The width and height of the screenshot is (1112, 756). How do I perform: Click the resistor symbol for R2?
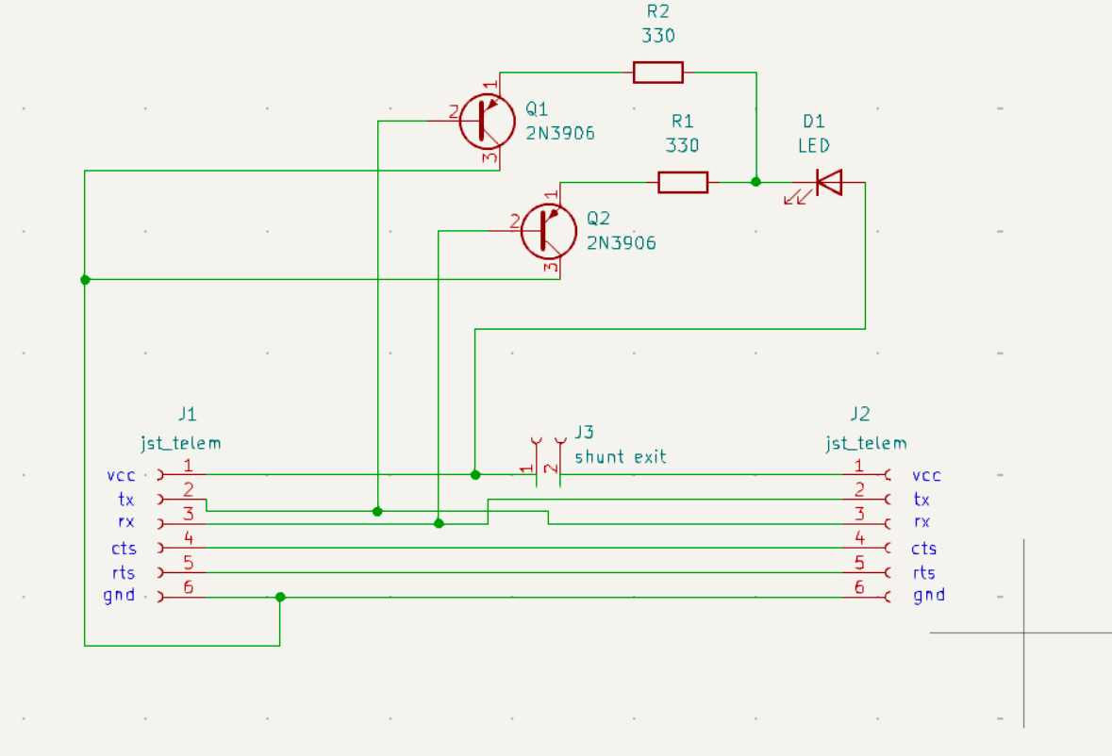coord(657,72)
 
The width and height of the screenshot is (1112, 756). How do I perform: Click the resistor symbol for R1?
coord(682,182)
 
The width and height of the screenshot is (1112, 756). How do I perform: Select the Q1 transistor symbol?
coord(487,121)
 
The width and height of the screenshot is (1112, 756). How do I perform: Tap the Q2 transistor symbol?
coord(548,231)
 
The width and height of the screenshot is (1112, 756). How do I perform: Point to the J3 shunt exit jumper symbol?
coord(549,461)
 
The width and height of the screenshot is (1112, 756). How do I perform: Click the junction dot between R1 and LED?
coord(755,182)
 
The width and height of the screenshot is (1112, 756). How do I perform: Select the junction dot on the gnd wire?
coord(280,597)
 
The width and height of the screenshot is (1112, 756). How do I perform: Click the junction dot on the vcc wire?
coord(475,474)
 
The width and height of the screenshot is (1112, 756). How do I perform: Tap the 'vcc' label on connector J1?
coord(122,475)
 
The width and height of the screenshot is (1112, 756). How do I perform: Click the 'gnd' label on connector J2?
coord(929,595)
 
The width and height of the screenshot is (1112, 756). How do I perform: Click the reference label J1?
coord(187,414)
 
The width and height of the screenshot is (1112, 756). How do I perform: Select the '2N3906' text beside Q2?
coord(621,243)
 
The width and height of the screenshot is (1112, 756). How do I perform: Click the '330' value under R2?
coord(658,36)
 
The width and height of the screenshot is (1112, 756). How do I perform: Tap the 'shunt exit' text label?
coord(620,457)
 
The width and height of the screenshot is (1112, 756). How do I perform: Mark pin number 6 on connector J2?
coord(858,586)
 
